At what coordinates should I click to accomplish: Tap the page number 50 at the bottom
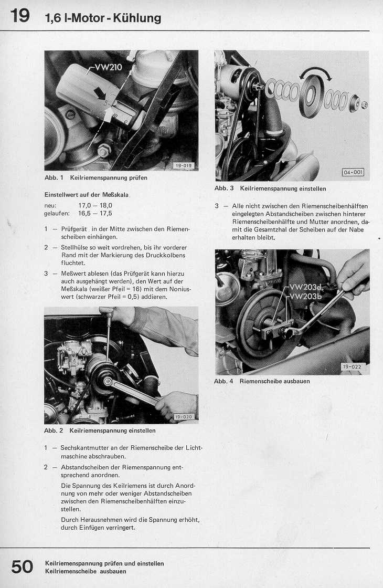(22, 566)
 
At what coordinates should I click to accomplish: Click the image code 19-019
(184, 166)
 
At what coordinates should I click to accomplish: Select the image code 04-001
(353, 172)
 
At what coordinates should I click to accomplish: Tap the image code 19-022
(352, 366)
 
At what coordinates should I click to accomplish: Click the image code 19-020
(184, 417)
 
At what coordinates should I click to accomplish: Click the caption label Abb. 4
(224, 381)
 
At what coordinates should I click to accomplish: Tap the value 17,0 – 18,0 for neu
(95, 206)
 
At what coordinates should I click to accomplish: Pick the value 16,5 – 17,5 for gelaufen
(95, 214)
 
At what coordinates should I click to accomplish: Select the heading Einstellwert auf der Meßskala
(86, 195)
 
